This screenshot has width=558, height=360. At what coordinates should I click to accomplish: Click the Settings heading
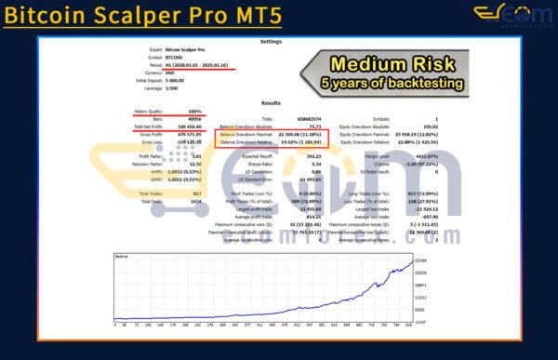271,41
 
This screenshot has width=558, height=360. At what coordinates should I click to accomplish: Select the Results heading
271,103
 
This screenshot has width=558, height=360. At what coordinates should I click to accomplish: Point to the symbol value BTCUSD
174,59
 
